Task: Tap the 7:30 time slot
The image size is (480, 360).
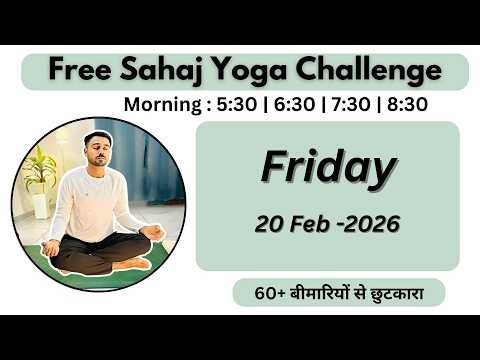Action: [351, 104]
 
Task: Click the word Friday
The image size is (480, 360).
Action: [327, 168]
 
